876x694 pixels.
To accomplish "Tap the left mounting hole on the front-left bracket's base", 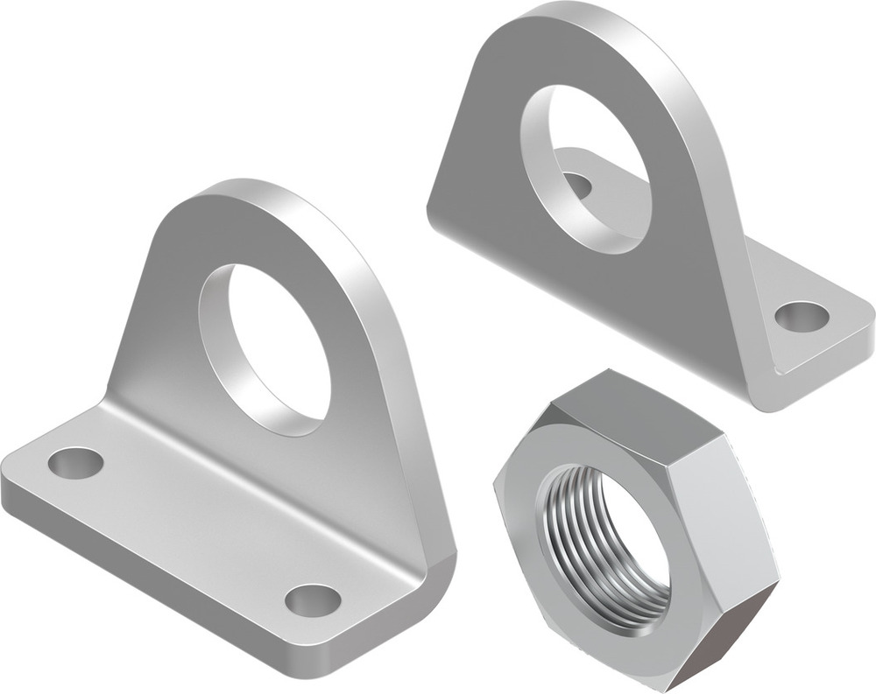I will [x=75, y=462].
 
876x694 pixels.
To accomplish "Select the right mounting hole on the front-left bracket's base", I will [x=313, y=599].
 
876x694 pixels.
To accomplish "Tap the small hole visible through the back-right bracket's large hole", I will [x=576, y=185].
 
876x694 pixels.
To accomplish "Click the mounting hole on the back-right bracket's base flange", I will [x=802, y=316].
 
